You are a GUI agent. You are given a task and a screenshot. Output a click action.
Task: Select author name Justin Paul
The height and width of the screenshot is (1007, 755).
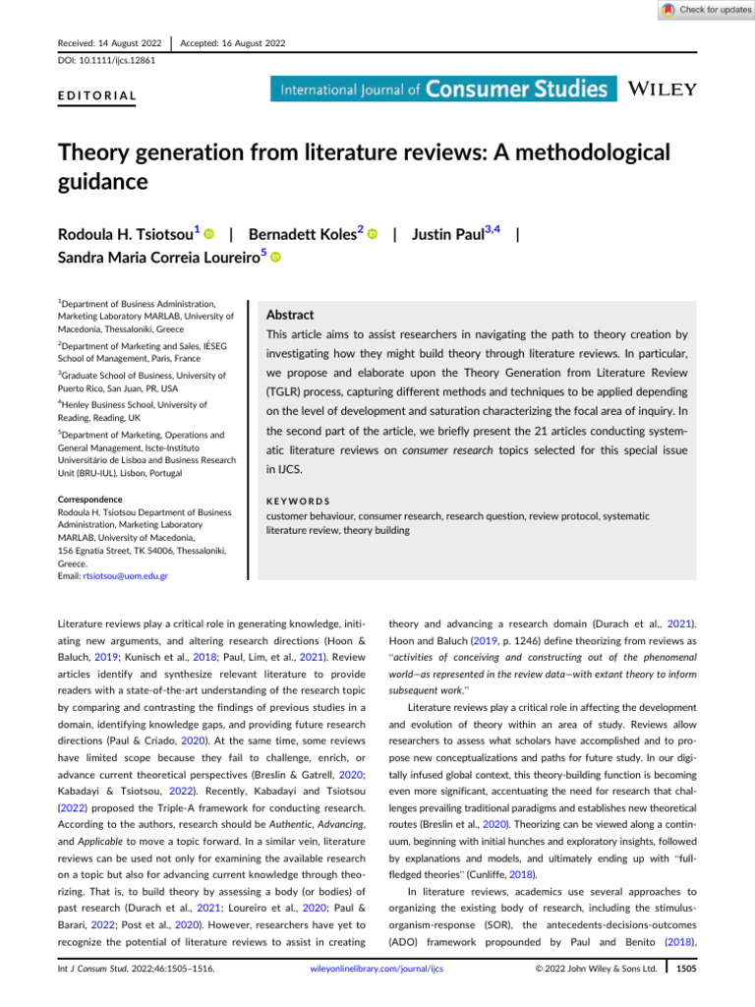[x=447, y=235]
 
